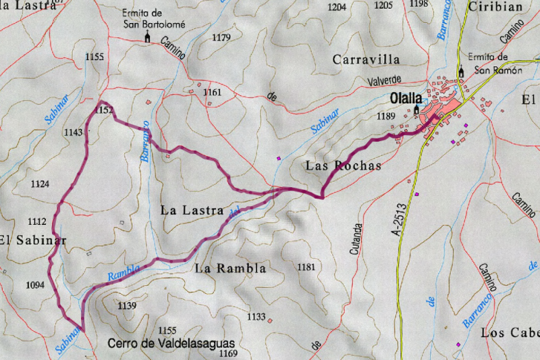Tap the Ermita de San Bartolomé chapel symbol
click(147, 37)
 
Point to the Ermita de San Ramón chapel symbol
click(462, 72)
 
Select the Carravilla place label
click(367, 59)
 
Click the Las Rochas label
click(343, 165)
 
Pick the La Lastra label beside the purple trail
click(192, 210)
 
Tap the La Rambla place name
click(230, 268)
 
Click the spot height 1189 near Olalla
click(385, 117)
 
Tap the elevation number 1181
click(306, 267)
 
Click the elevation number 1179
click(221, 38)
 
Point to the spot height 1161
click(212, 92)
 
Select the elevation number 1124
click(40, 184)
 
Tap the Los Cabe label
click(510, 333)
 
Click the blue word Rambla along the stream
click(124, 272)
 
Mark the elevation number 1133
click(256, 317)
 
